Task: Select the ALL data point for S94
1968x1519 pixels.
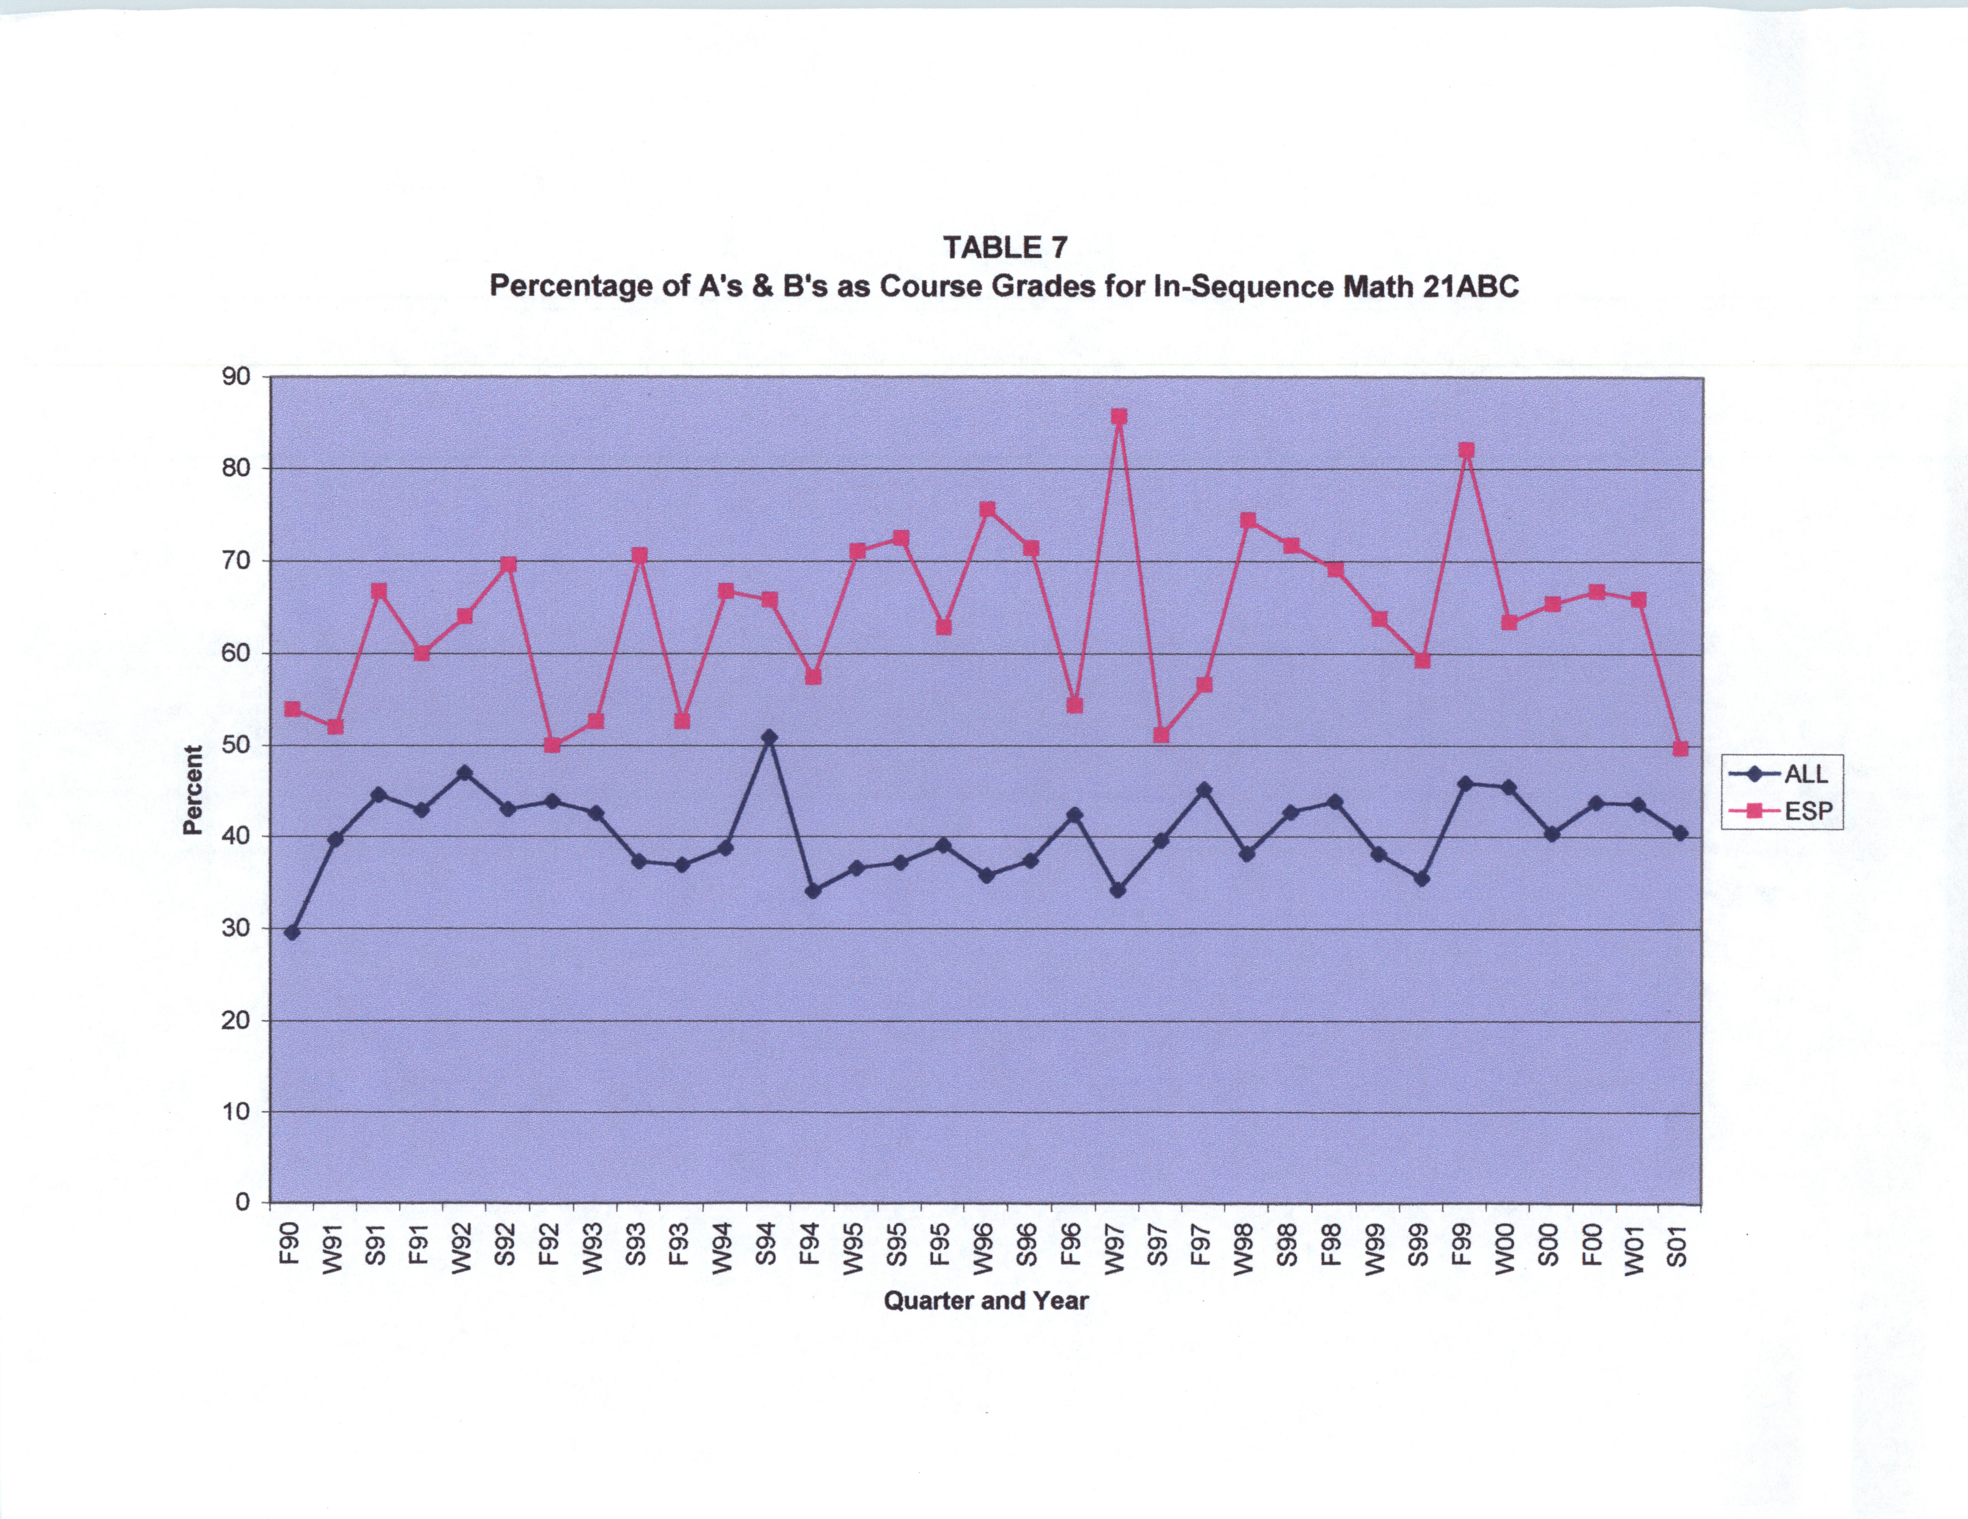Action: pyautogui.click(x=769, y=737)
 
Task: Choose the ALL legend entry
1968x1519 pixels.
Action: pyautogui.click(x=1780, y=774)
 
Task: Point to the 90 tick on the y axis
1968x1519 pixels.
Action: pyautogui.click(x=236, y=376)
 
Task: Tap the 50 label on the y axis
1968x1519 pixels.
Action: pyautogui.click(x=236, y=745)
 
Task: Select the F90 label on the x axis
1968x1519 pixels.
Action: pyautogui.click(x=289, y=1243)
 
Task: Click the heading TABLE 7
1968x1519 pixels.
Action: pyautogui.click(x=1005, y=247)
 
